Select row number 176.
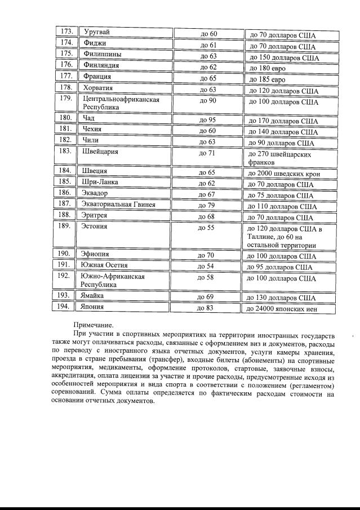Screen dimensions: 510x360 pyautogui.click(x=66, y=65)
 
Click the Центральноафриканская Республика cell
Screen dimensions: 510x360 pyautogui.click(x=121, y=103)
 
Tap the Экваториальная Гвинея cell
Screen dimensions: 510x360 pyautogui.click(x=118, y=204)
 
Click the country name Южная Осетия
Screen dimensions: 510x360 pyautogui.click(x=105, y=265)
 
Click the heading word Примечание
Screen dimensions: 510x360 pyautogui.click(x=93, y=325)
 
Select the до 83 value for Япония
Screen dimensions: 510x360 pyautogui.click(x=205, y=308)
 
